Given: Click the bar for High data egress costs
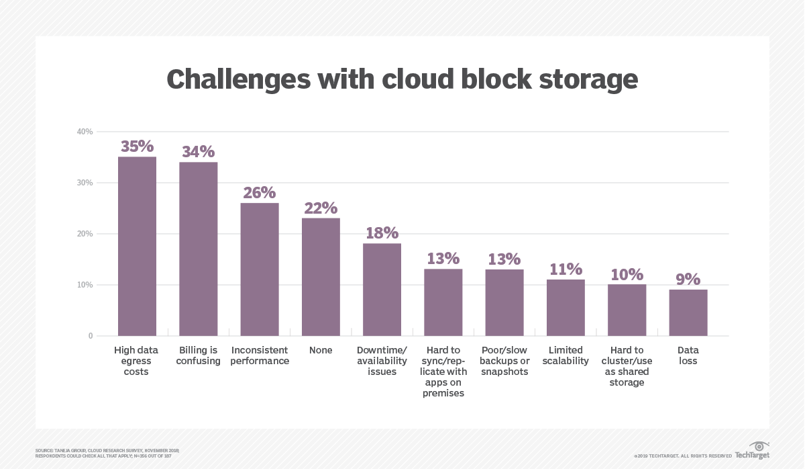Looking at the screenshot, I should pos(137,246).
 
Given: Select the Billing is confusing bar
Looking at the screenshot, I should pos(198,249).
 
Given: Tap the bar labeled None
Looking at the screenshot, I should pos(321,277).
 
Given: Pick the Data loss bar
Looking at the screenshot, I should pos(688,312).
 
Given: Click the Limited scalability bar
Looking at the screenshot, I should pos(566,307).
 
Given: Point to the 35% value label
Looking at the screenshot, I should pos(137,146).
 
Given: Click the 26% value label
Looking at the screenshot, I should pos(260,192).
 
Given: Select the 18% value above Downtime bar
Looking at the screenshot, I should pos(382,232).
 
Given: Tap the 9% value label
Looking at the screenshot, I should pos(688,279).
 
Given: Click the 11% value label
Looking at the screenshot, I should pos(566,269).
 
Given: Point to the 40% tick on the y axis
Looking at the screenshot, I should pos(85,132).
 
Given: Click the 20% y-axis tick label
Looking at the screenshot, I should pos(85,234).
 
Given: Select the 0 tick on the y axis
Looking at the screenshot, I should pos(90,336).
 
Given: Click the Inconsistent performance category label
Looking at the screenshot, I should pos(260,355).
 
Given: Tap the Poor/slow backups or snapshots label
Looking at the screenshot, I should pos(504,361).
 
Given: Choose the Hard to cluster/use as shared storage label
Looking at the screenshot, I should pos(627,366).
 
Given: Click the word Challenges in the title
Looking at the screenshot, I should pos(238,79).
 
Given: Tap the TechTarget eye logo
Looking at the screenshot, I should pos(759,445).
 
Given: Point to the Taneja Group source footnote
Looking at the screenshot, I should pos(107,452).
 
